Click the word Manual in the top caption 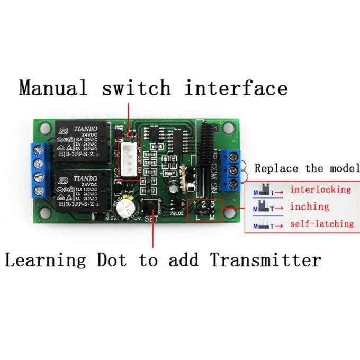pos(53,87)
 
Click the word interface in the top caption pos(236,87)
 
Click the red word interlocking pos(320,190)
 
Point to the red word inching pos(309,206)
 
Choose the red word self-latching pos(321,224)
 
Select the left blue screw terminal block pos(42,170)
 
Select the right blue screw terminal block pos(231,170)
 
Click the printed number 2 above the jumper pos(204,204)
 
